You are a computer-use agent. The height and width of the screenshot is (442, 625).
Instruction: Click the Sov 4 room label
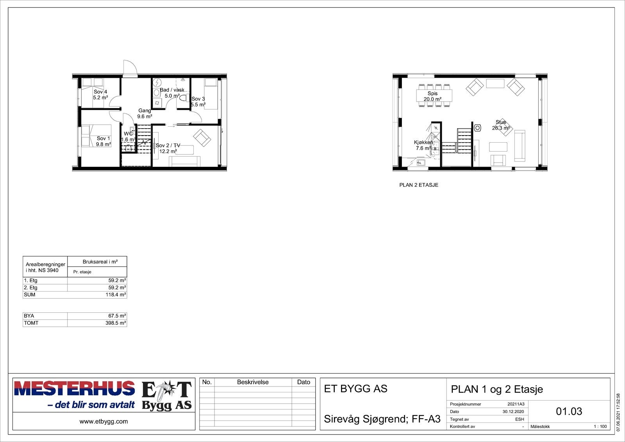[x=100, y=95]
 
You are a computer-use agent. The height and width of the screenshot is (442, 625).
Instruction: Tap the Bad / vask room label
[x=172, y=93]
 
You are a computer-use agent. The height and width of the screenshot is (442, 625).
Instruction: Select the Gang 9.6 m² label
[x=145, y=113]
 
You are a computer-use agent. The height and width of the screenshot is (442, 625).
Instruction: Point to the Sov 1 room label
[x=104, y=141]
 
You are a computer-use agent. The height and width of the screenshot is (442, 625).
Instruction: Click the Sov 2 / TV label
[x=168, y=148]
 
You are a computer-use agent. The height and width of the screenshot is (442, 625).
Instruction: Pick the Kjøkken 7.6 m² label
[x=423, y=145]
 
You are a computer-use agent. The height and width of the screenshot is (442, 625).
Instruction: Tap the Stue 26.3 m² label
[x=501, y=125]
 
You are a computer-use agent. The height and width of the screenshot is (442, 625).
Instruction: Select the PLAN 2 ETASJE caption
[x=419, y=185]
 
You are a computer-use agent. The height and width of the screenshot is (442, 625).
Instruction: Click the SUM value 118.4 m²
[x=116, y=295]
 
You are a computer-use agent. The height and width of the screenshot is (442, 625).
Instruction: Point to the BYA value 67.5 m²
[x=117, y=316]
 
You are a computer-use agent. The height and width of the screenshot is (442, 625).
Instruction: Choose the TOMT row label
[x=31, y=323]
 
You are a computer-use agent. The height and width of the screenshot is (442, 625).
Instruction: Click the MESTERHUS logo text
[x=75, y=388]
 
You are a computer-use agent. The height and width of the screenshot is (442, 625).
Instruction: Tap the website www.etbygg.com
[x=104, y=421]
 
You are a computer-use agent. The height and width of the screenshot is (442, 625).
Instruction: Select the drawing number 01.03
[x=569, y=411]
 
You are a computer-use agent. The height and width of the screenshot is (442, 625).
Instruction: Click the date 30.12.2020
[x=513, y=412]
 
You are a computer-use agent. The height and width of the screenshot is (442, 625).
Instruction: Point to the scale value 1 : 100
[x=600, y=426]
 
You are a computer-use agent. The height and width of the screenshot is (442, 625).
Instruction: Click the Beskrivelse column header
[x=253, y=382]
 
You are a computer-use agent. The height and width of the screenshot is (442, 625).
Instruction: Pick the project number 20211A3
[x=516, y=404]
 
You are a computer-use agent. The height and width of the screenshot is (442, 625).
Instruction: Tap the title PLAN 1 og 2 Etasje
[x=497, y=389]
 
